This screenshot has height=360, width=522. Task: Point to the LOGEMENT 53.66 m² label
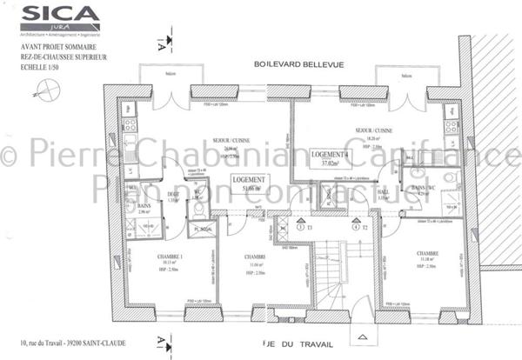[248, 184]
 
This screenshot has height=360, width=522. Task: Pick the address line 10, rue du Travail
[65, 341]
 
